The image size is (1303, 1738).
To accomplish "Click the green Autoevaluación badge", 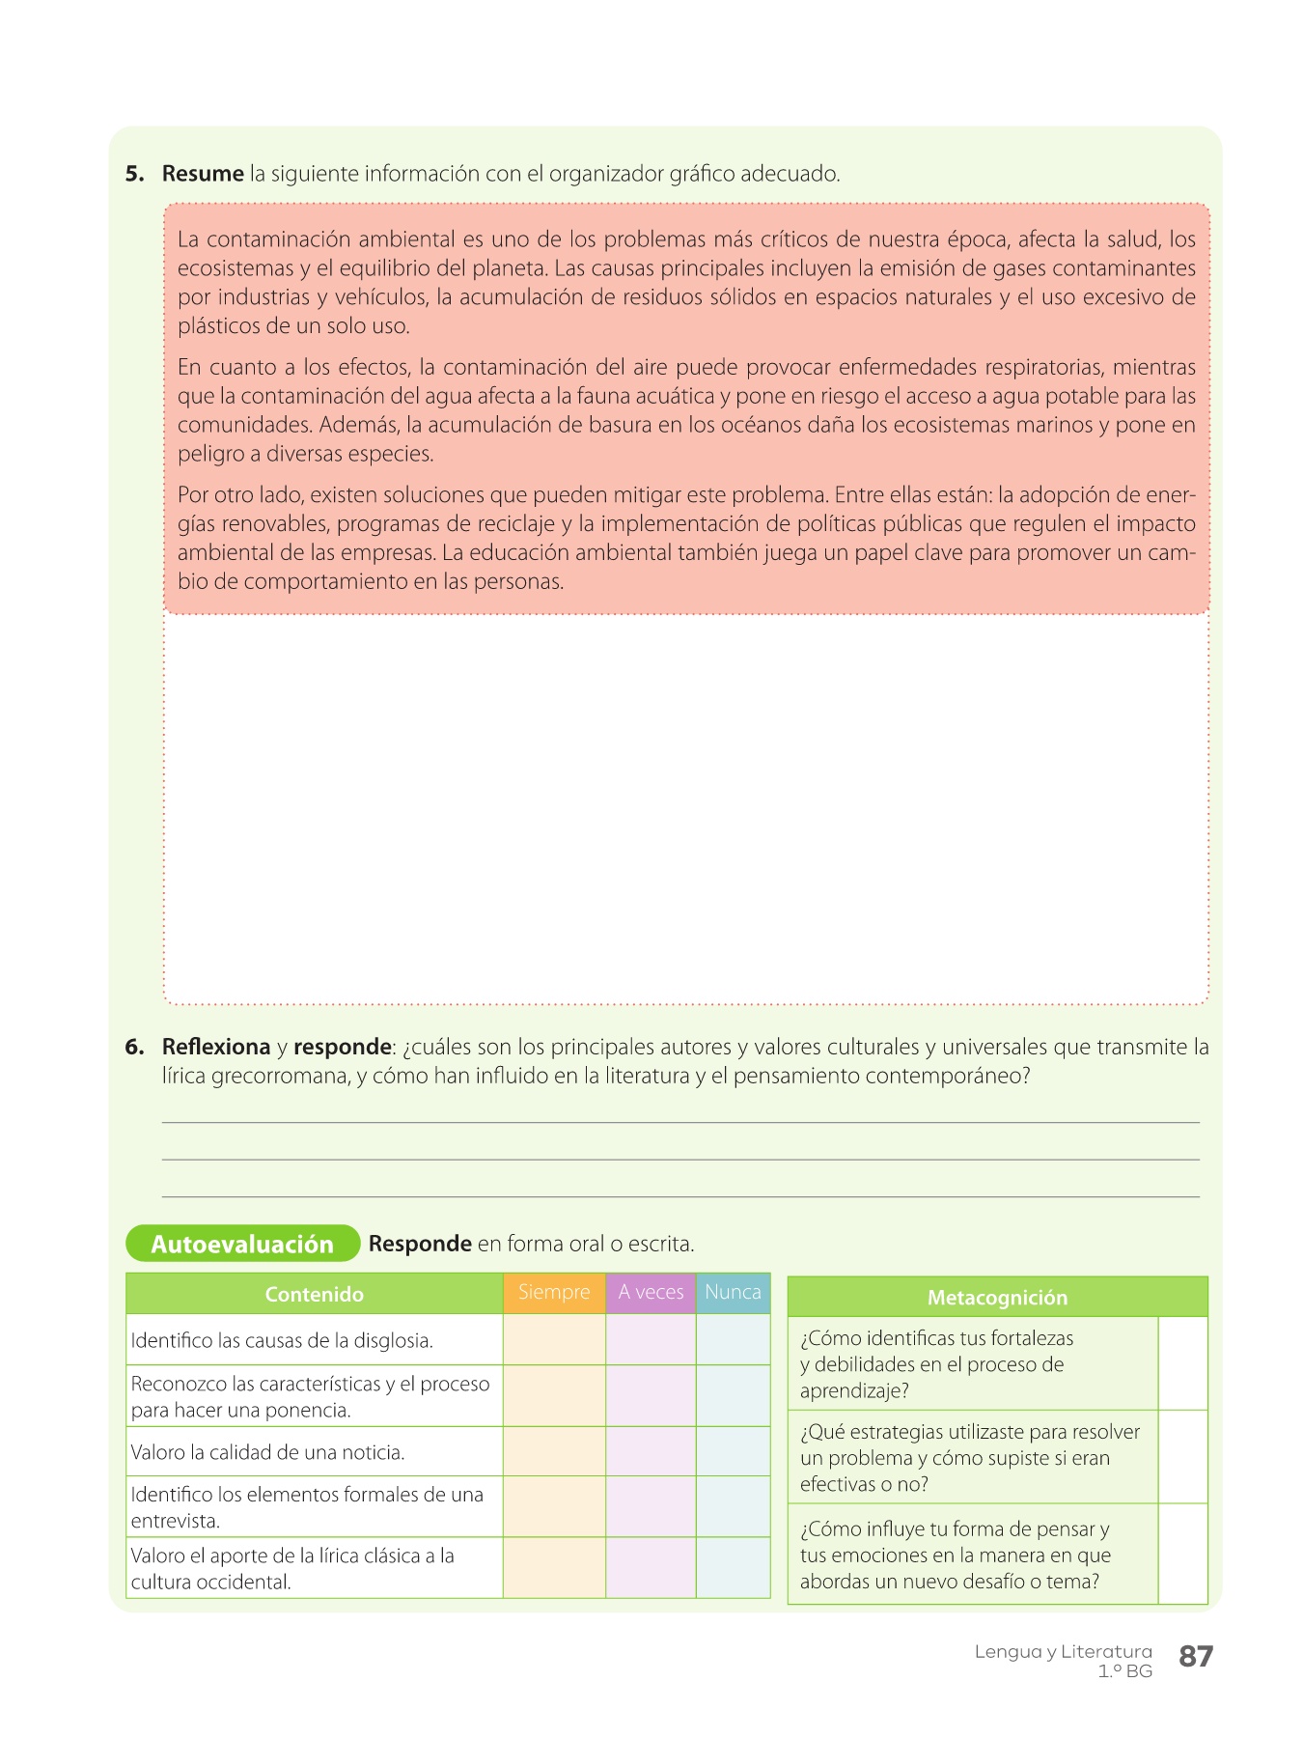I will [242, 1244].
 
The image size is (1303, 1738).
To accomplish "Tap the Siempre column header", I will [554, 1293].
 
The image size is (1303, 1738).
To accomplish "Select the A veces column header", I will [651, 1293].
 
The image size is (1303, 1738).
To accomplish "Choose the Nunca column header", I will [733, 1293].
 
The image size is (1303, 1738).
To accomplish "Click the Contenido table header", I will [315, 1295].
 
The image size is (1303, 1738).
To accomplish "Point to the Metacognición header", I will [997, 1298].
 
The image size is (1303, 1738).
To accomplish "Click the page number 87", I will [1196, 1657].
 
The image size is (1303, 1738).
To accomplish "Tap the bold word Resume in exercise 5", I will [203, 174].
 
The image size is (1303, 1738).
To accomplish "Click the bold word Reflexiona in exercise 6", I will [216, 1047].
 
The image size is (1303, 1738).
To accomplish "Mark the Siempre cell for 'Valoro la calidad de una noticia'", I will [554, 1451].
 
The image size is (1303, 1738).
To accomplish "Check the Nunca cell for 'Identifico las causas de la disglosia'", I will [733, 1340].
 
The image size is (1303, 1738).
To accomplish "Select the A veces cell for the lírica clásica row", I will [651, 1568].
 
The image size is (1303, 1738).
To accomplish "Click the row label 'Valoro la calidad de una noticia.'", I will [267, 1452].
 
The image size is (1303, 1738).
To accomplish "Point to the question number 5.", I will [134, 174].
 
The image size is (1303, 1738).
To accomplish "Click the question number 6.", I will [134, 1047].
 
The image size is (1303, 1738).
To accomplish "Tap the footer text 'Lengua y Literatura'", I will [1063, 1652].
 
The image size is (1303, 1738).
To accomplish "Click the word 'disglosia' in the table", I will [394, 1341].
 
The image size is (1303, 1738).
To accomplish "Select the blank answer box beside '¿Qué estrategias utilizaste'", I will [1182, 1457].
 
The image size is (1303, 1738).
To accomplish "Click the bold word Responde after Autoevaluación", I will [420, 1244].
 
